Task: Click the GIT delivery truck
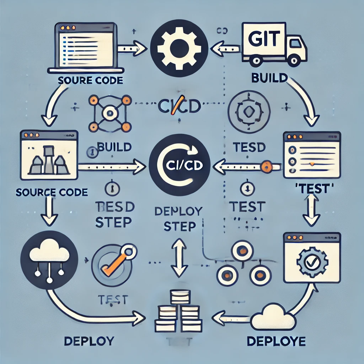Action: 274,44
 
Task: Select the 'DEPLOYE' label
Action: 276,342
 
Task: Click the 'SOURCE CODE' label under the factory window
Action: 52,192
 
